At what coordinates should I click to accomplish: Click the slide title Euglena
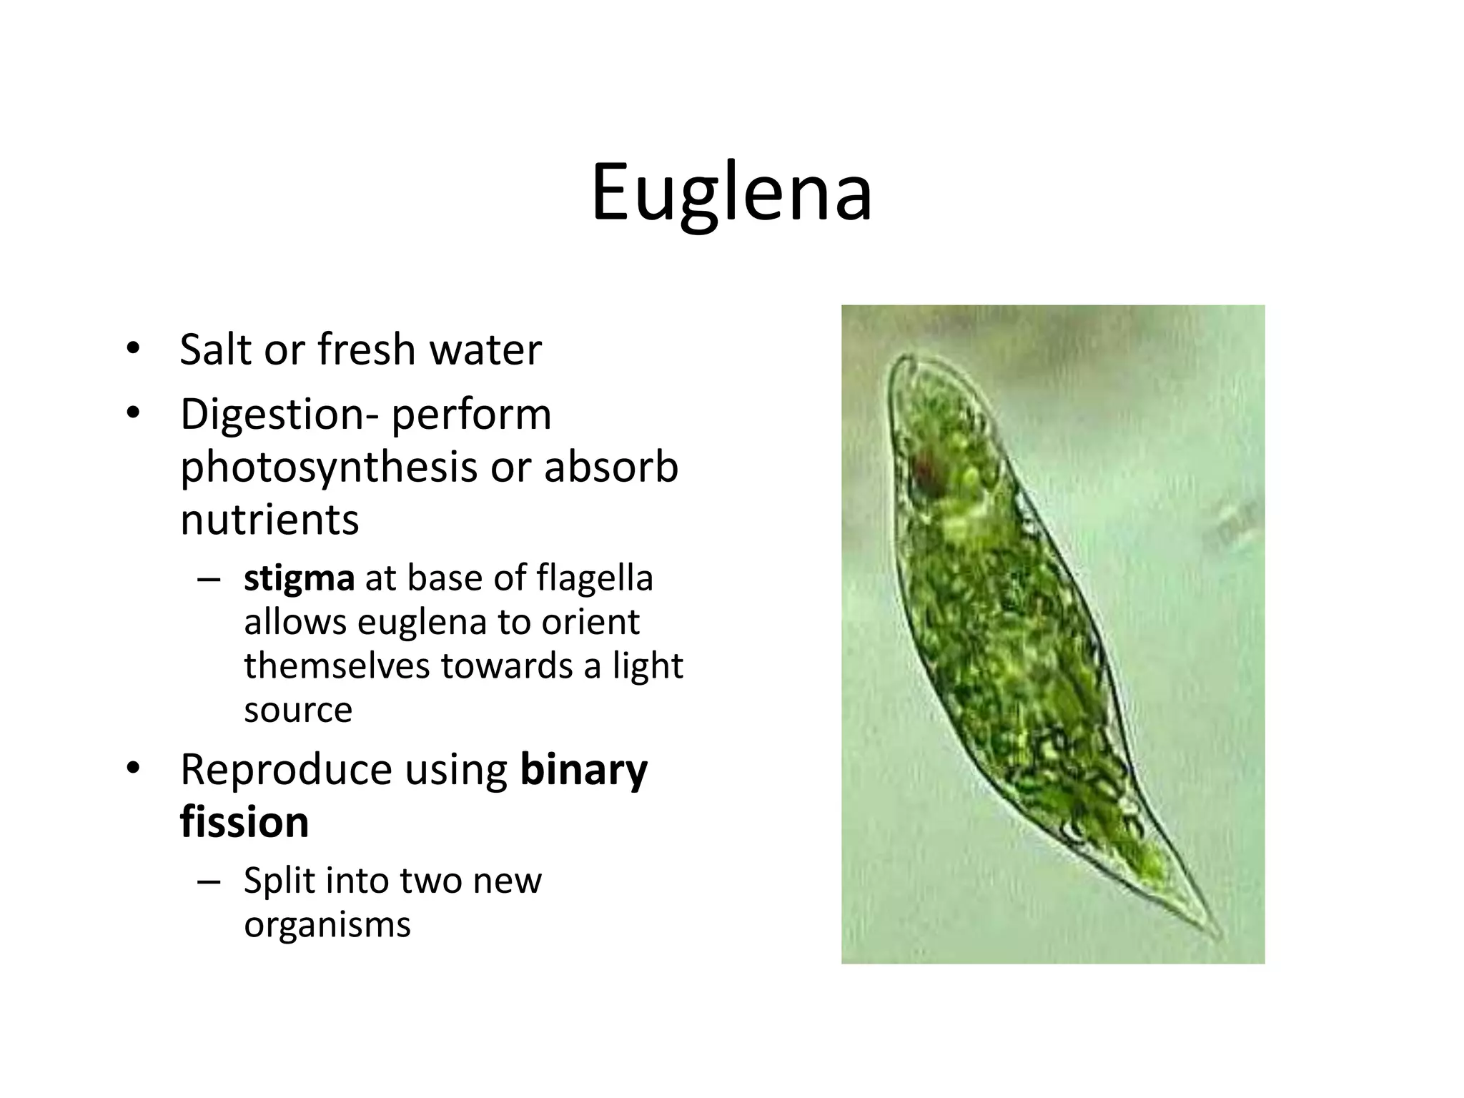(731, 193)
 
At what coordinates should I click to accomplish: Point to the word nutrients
(269, 519)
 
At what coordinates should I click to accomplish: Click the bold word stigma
(299, 578)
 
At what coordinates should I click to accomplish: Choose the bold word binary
(583, 770)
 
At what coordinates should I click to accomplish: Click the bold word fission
(244, 822)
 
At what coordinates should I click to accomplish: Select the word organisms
(327, 924)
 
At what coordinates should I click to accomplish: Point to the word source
(298, 710)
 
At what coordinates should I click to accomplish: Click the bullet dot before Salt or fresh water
(132, 350)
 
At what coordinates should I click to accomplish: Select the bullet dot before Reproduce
(132, 769)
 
